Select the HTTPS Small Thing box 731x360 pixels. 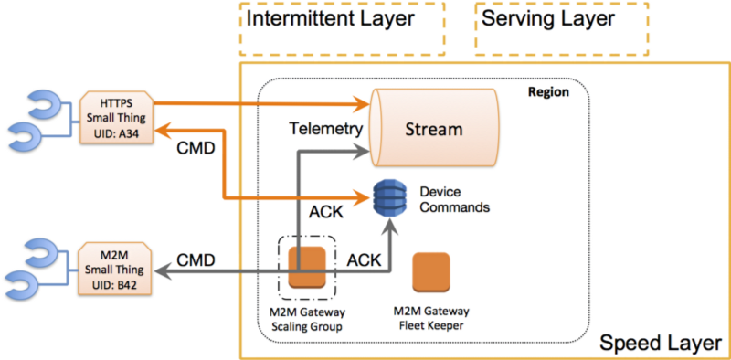click(x=115, y=117)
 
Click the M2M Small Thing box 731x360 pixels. click(x=115, y=267)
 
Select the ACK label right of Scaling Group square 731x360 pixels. click(x=365, y=259)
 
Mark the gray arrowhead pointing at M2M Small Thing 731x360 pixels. click(x=160, y=271)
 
